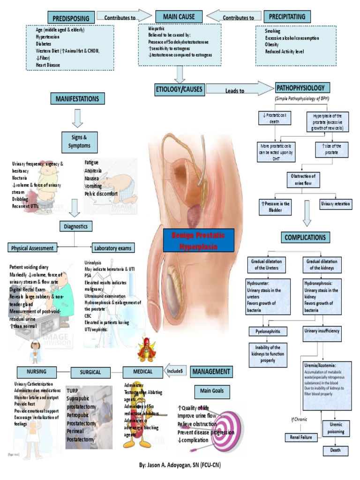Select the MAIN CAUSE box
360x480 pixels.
point(179,17)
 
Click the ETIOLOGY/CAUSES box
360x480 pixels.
point(180,89)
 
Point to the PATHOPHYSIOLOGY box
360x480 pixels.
point(302,88)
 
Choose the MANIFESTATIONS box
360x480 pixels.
point(77,98)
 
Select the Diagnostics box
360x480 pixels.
point(76,227)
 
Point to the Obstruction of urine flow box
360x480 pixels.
point(303,179)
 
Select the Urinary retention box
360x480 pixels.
point(336,204)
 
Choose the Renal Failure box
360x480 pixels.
point(301,437)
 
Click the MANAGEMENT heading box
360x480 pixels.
point(211,372)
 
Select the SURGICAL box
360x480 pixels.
point(90,372)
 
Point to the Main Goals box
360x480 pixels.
point(212,391)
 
